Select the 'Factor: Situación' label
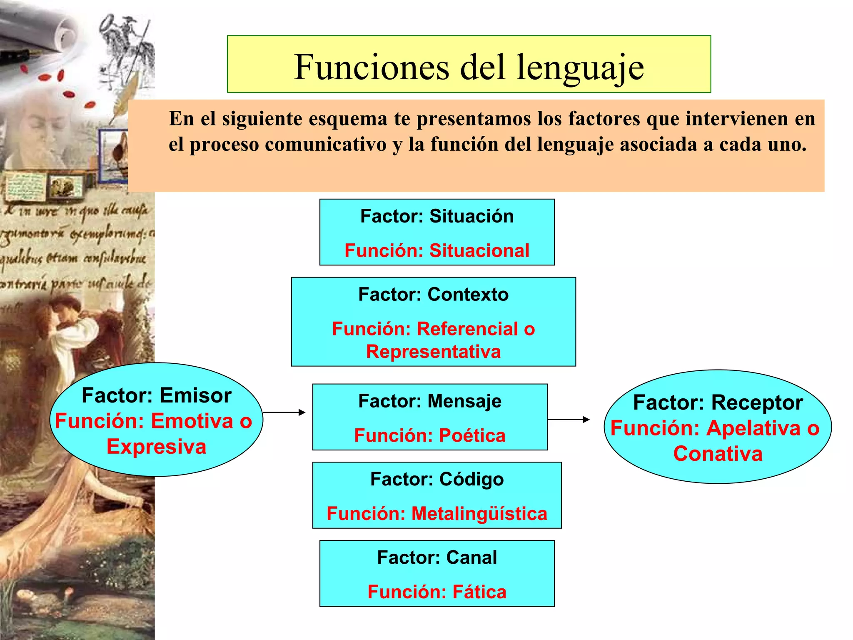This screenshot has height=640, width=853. (437, 216)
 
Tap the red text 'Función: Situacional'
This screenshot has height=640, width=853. (437, 251)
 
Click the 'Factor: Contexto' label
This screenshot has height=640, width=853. (433, 295)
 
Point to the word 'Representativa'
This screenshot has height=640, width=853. (433, 352)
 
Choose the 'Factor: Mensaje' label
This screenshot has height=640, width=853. (430, 401)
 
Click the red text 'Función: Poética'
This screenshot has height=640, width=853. (430, 436)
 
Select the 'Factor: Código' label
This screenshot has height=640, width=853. (437, 479)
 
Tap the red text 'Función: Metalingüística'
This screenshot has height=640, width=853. (437, 514)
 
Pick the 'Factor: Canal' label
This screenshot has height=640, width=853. (437, 557)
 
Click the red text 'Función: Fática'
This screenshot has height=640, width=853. (437, 592)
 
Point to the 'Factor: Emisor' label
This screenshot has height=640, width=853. (157, 395)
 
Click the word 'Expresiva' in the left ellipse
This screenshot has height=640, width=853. (157, 447)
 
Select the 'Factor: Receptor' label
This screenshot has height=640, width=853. (718, 402)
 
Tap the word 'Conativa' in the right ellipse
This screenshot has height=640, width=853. (718, 454)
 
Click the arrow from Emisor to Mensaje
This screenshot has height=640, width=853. (284, 412)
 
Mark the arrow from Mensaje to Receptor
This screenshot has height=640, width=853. (569, 420)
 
